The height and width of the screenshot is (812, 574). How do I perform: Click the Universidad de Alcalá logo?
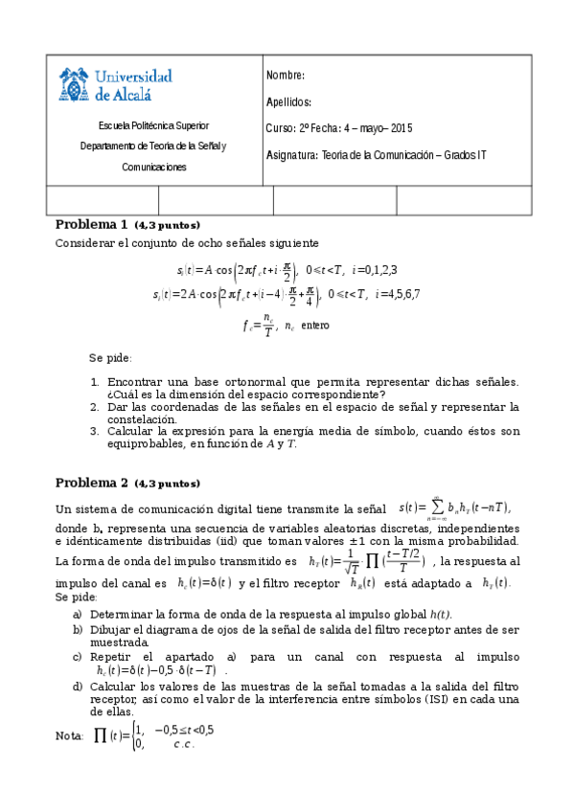[x=116, y=84]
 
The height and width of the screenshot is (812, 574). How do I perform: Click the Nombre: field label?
[x=286, y=76]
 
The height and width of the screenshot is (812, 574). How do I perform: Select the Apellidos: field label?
[x=288, y=102]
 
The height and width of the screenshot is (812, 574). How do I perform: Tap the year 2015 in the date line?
[x=401, y=128]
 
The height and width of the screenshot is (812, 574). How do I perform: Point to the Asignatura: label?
[x=293, y=154]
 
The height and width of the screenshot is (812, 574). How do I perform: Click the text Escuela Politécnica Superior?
[x=153, y=125]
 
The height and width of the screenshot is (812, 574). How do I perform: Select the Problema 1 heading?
[x=91, y=225]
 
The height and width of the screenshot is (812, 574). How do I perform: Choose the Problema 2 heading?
[x=91, y=483]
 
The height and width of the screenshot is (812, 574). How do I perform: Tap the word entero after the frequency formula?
[x=315, y=326]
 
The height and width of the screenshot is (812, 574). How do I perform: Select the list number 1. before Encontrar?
[x=95, y=381]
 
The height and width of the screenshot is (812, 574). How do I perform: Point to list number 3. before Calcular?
[x=95, y=432]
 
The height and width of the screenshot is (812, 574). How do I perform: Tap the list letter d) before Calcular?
[x=78, y=687]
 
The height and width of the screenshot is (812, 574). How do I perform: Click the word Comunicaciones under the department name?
[x=153, y=167]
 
